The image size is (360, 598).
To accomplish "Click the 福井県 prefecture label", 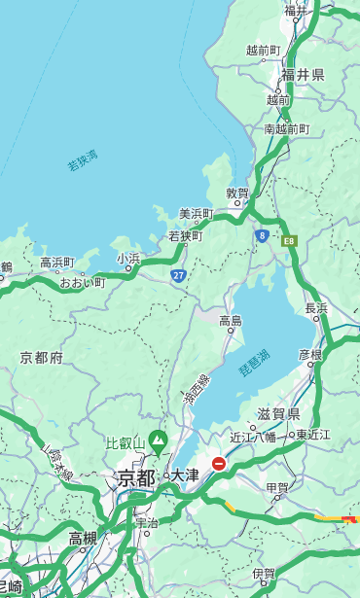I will [x=303, y=75].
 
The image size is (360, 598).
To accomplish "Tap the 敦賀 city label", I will [x=238, y=193].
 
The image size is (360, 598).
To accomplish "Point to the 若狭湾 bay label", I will [x=83, y=160].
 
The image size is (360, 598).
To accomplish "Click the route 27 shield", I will [x=179, y=275].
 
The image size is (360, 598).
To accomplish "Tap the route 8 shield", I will [x=262, y=235].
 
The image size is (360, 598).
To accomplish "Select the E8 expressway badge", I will [x=289, y=240].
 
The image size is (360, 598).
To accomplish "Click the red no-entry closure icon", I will [x=219, y=465].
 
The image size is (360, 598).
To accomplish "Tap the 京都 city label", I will [x=136, y=477].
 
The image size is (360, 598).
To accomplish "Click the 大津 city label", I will [x=184, y=475].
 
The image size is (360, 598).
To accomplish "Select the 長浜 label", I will [x=316, y=308].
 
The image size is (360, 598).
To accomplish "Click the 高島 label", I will [x=231, y=321].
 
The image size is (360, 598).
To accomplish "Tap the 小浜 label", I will [x=128, y=259].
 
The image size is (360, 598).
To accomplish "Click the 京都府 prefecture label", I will [x=42, y=358].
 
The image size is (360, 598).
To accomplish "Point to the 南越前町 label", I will [x=286, y=128].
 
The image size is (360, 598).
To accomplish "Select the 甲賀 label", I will [x=277, y=487].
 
